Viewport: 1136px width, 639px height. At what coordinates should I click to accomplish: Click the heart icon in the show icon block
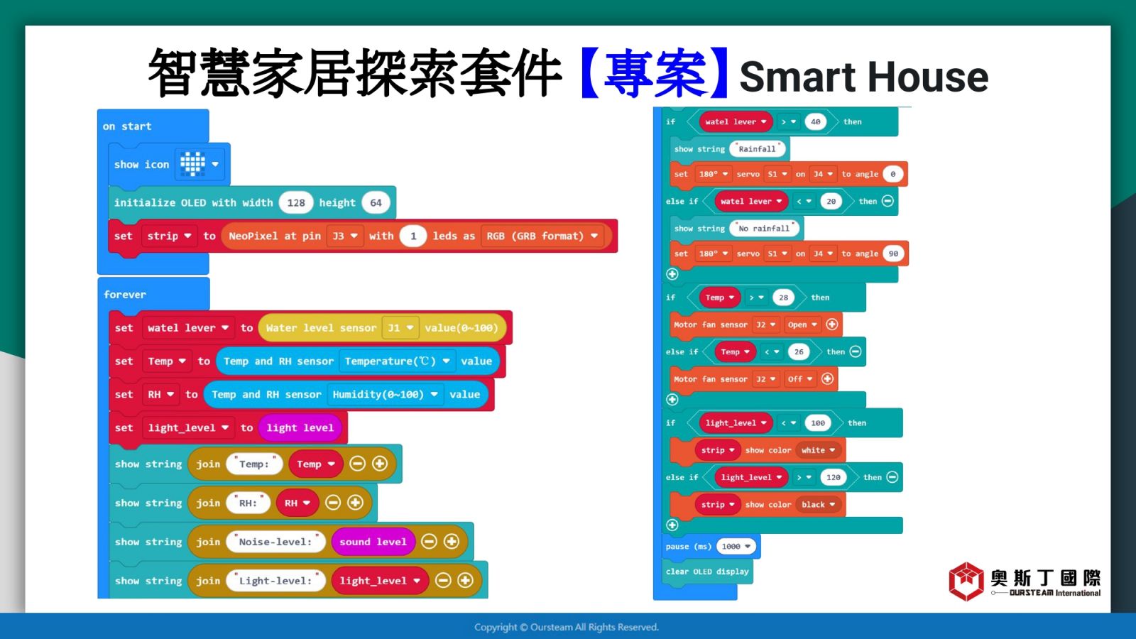coord(192,164)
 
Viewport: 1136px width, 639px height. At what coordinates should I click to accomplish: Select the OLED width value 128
coord(295,203)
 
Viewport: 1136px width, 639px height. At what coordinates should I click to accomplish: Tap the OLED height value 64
coord(376,203)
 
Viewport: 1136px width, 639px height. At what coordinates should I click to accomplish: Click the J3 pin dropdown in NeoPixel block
coord(345,236)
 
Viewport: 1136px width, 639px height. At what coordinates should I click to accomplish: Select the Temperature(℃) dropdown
coord(397,361)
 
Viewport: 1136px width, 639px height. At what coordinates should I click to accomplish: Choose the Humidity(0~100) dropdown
coord(385,395)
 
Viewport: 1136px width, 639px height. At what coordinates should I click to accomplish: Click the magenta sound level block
coord(373,542)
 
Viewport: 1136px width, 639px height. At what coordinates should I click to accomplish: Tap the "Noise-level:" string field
coord(275,542)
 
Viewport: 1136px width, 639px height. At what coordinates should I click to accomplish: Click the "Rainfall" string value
coord(757,149)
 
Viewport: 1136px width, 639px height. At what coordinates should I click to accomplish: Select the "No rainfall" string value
coord(764,229)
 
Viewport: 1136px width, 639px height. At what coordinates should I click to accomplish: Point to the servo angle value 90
coord(894,253)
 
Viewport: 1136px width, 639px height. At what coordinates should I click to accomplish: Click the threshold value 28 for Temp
coord(784,297)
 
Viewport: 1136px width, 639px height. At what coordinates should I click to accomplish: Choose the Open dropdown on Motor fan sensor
coord(802,324)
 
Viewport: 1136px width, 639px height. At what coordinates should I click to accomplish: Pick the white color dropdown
coord(818,450)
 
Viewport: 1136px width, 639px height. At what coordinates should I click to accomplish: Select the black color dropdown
coord(818,505)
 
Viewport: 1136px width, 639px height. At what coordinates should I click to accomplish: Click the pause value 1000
coord(736,546)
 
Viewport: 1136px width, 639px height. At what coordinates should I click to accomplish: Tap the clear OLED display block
coord(707,572)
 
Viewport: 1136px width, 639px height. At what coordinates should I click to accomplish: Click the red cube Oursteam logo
coord(966,581)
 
